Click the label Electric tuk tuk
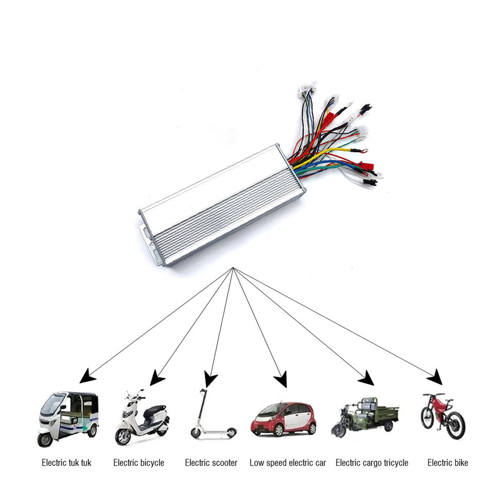[x=66, y=463]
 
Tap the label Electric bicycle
[x=138, y=463]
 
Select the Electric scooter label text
[x=211, y=463]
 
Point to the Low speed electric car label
[x=288, y=463]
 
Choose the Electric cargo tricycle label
[x=372, y=463]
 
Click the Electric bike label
[x=448, y=463]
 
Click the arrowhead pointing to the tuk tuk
[x=87, y=377]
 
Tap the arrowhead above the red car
[x=281, y=381]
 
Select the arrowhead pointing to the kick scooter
[x=210, y=380]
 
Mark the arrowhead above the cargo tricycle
[x=366, y=379]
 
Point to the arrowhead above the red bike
[x=436, y=378]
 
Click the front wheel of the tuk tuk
[x=45, y=439]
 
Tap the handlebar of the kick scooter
[x=203, y=392]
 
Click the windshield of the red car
[x=273, y=410]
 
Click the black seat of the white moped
[x=154, y=410]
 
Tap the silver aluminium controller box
[x=221, y=206]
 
